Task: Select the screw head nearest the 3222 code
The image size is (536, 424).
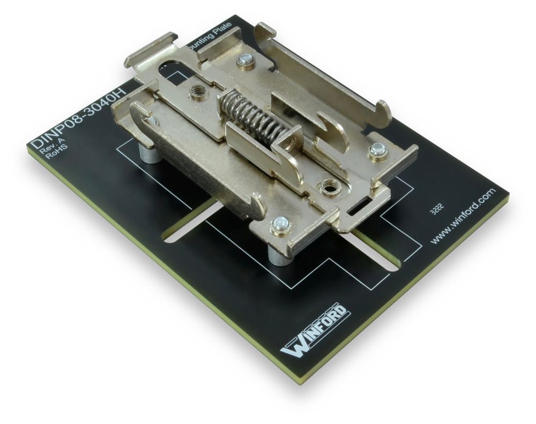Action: tap(377, 152)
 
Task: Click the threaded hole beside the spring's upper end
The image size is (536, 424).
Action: tap(195, 92)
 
